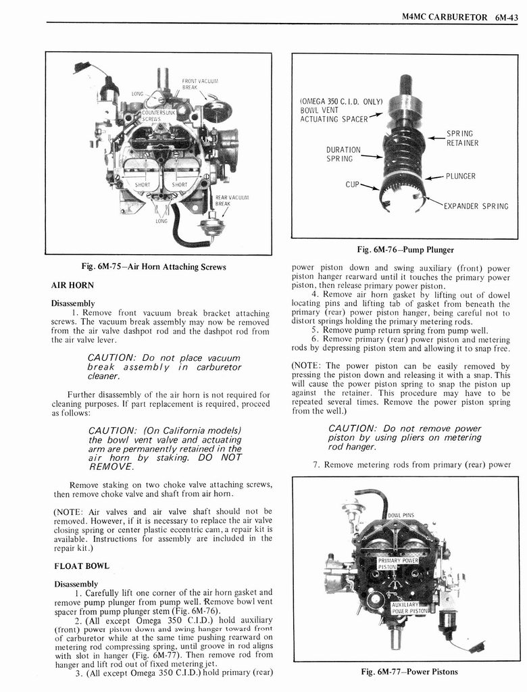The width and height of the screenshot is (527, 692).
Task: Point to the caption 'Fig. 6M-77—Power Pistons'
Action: (409, 672)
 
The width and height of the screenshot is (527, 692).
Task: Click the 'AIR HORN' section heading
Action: (73, 285)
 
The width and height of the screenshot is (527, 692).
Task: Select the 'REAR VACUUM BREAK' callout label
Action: (223, 201)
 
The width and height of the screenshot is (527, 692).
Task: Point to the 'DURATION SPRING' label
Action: (343, 154)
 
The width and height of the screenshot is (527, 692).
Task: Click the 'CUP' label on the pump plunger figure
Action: (352, 183)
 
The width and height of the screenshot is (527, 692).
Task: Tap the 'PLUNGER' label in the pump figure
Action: (460, 176)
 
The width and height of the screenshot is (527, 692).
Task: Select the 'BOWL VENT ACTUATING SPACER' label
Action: (341, 111)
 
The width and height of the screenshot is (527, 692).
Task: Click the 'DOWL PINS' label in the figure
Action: (401, 516)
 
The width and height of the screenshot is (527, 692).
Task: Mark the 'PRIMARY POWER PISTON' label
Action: (398, 563)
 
